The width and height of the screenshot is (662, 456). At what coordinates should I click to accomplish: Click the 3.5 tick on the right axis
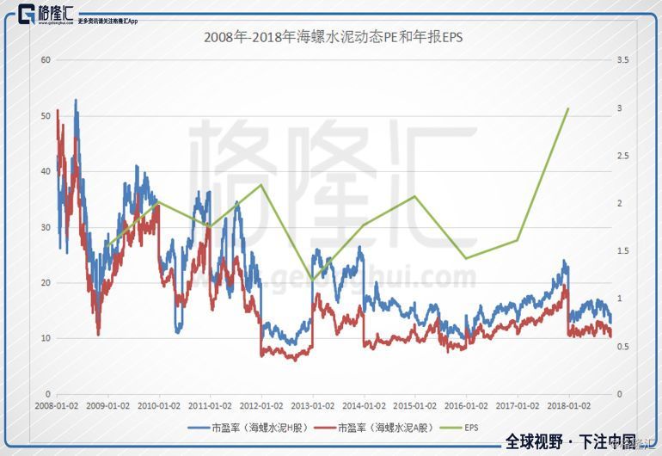(623, 59)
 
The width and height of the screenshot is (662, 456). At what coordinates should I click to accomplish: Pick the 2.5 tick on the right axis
(623, 155)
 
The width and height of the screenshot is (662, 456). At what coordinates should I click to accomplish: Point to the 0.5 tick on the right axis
(623, 346)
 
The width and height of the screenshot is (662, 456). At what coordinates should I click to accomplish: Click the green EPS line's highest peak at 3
(568, 108)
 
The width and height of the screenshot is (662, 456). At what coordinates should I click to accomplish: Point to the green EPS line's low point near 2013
(312, 280)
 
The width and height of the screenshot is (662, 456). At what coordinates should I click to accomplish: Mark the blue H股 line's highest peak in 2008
(76, 100)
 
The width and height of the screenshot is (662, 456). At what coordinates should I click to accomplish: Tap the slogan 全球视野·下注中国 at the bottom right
(570, 441)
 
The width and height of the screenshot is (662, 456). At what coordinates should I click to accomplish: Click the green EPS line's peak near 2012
(261, 185)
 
